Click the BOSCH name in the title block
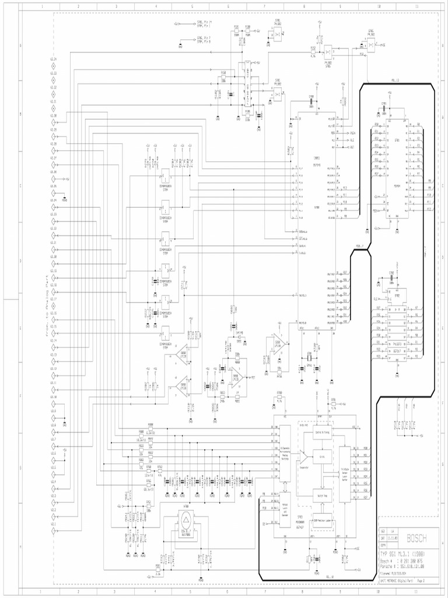416,538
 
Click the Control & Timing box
322,433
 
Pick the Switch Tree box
322,495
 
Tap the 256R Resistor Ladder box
323,520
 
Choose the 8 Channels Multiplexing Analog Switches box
285,454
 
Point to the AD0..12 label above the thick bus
395,80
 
